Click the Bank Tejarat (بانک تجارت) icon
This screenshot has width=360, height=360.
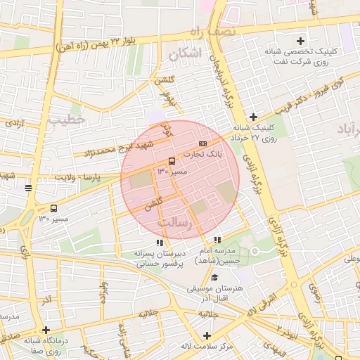point(203,143)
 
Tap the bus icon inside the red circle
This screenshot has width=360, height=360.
point(172,161)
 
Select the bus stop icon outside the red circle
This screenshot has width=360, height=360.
point(54,208)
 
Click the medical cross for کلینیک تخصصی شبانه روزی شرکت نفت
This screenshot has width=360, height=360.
point(302,41)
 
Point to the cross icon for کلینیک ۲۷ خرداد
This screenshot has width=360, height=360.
point(253,117)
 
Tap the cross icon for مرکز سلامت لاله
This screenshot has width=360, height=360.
point(207,335)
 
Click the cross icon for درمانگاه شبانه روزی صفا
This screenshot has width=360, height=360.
point(46,330)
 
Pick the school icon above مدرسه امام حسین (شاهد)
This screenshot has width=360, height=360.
point(218,241)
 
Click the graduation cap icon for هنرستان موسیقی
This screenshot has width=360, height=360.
point(214,278)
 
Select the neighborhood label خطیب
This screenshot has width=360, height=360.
point(66,120)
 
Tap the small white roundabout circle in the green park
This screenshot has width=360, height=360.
point(256,251)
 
